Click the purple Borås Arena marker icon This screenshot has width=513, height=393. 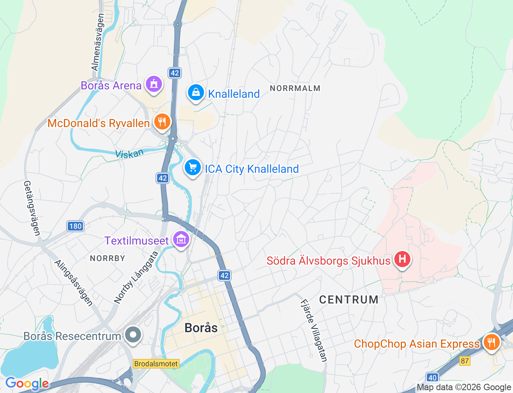(153, 84)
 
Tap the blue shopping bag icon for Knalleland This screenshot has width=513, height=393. (196, 93)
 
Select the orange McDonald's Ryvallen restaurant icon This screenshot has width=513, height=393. (162, 122)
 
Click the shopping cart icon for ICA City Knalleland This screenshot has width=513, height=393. (193, 168)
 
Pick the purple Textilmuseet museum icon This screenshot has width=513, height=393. (181, 239)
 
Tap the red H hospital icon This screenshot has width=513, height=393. (402, 259)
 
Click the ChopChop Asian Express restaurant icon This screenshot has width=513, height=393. (491, 342)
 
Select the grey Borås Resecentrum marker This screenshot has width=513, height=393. (133, 335)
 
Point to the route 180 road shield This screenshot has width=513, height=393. (75, 226)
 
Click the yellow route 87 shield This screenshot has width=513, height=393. (465, 361)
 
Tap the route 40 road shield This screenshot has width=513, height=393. (432, 377)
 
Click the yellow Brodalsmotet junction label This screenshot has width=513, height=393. (156, 364)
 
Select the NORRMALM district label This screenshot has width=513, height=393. (295, 88)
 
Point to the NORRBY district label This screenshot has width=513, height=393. (107, 258)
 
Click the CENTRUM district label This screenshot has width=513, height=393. (349, 300)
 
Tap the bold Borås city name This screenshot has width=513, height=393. (201, 328)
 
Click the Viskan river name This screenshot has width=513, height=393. (129, 154)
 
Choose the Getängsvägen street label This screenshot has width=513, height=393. (32, 208)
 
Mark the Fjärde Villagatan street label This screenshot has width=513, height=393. (314, 330)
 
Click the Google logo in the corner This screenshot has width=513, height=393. (27, 384)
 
